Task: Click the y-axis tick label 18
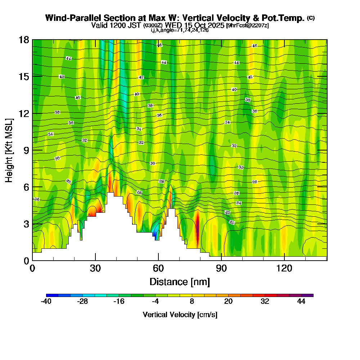(x=24, y=40)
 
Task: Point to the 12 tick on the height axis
(x=24, y=113)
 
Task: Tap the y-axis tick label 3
(x=26, y=224)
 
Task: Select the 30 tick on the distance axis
(x=95, y=268)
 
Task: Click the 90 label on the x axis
(x=221, y=268)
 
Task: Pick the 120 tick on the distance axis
(x=284, y=268)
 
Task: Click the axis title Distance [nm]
(x=180, y=282)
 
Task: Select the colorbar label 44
(x=301, y=302)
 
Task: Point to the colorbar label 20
(x=228, y=302)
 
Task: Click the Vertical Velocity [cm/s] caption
(x=180, y=315)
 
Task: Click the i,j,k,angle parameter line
(x=180, y=30)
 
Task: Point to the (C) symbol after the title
(x=311, y=18)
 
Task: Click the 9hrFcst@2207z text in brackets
(x=248, y=26)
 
